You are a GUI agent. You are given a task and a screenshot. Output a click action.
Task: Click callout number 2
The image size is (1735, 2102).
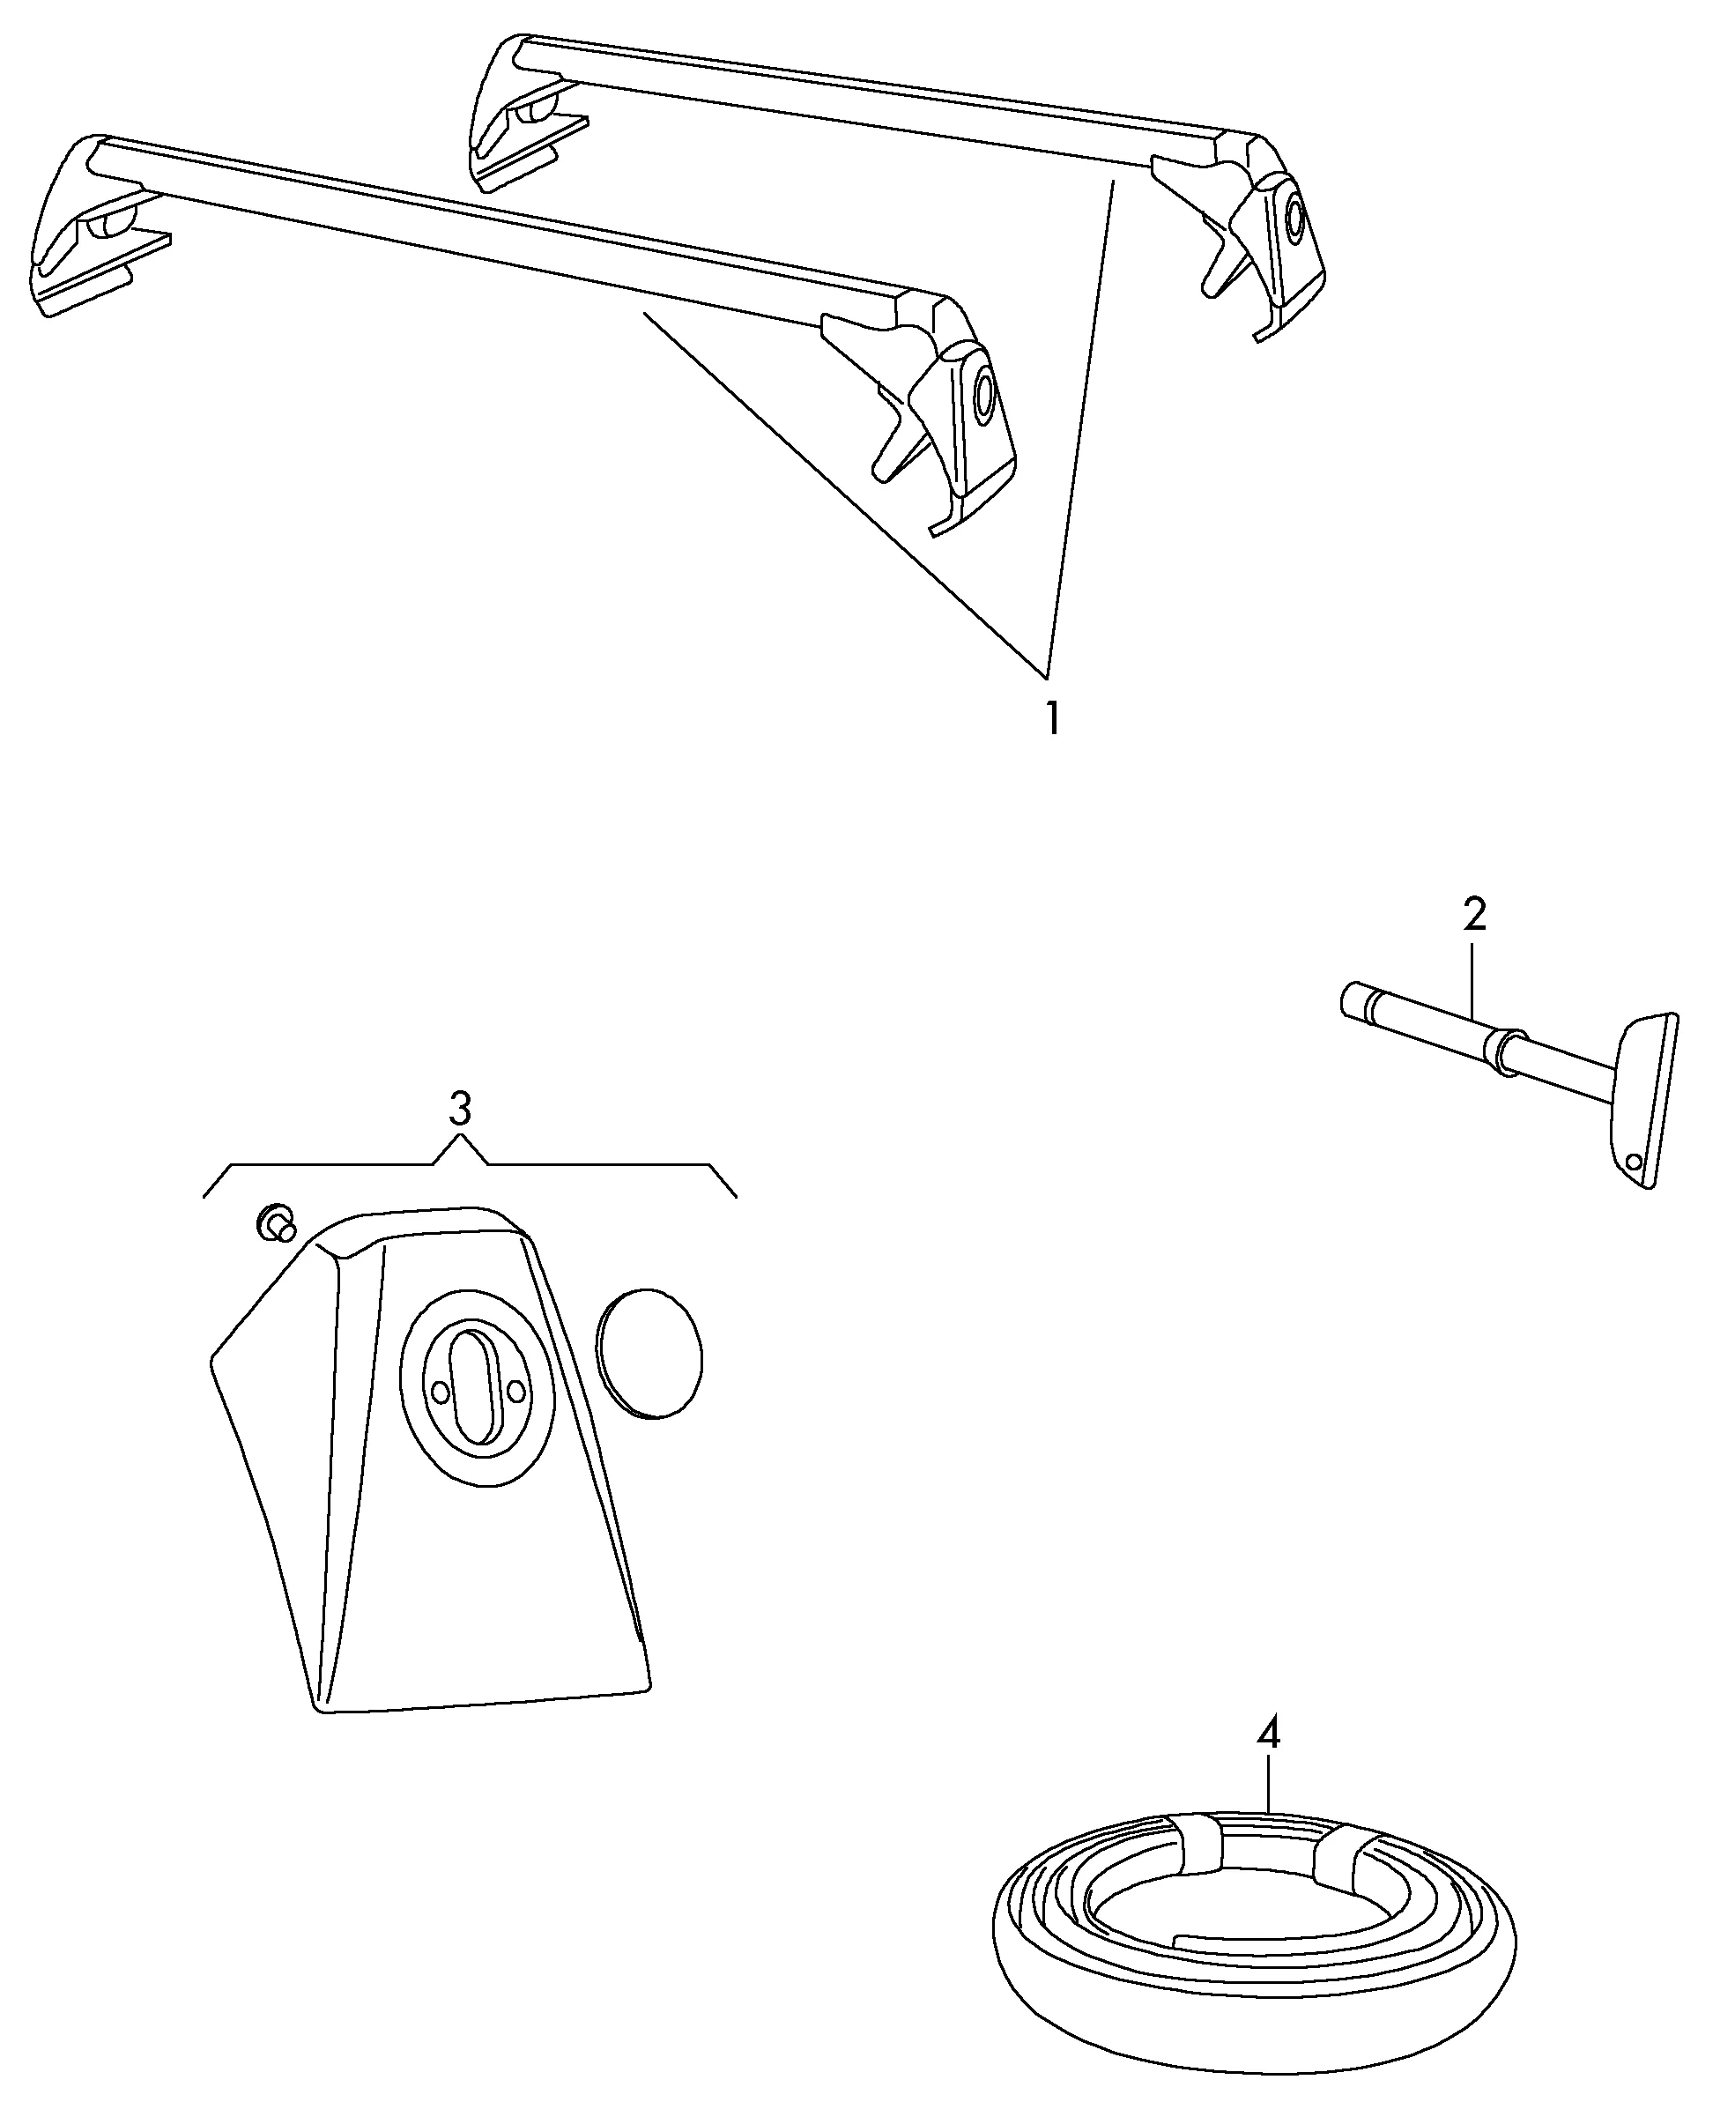pyautogui.click(x=1474, y=914)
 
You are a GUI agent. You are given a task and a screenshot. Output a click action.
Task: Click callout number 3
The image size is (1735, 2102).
pyautogui.click(x=459, y=1109)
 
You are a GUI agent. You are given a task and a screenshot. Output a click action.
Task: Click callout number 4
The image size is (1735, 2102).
pyautogui.click(x=1267, y=1732)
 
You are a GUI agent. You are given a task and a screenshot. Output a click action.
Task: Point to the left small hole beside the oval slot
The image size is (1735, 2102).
pyautogui.click(x=439, y=1392)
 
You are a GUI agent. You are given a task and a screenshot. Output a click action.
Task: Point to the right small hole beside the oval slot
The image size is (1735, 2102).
pyautogui.click(x=515, y=1391)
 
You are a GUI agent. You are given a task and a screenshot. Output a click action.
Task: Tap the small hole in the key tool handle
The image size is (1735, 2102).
pyautogui.click(x=1633, y=1162)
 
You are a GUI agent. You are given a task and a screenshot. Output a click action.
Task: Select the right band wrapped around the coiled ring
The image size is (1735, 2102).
pyautogui.click(x=1345, y=1857)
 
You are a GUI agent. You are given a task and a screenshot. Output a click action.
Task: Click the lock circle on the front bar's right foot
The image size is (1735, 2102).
pyautogui.click(x=984, y=396)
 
